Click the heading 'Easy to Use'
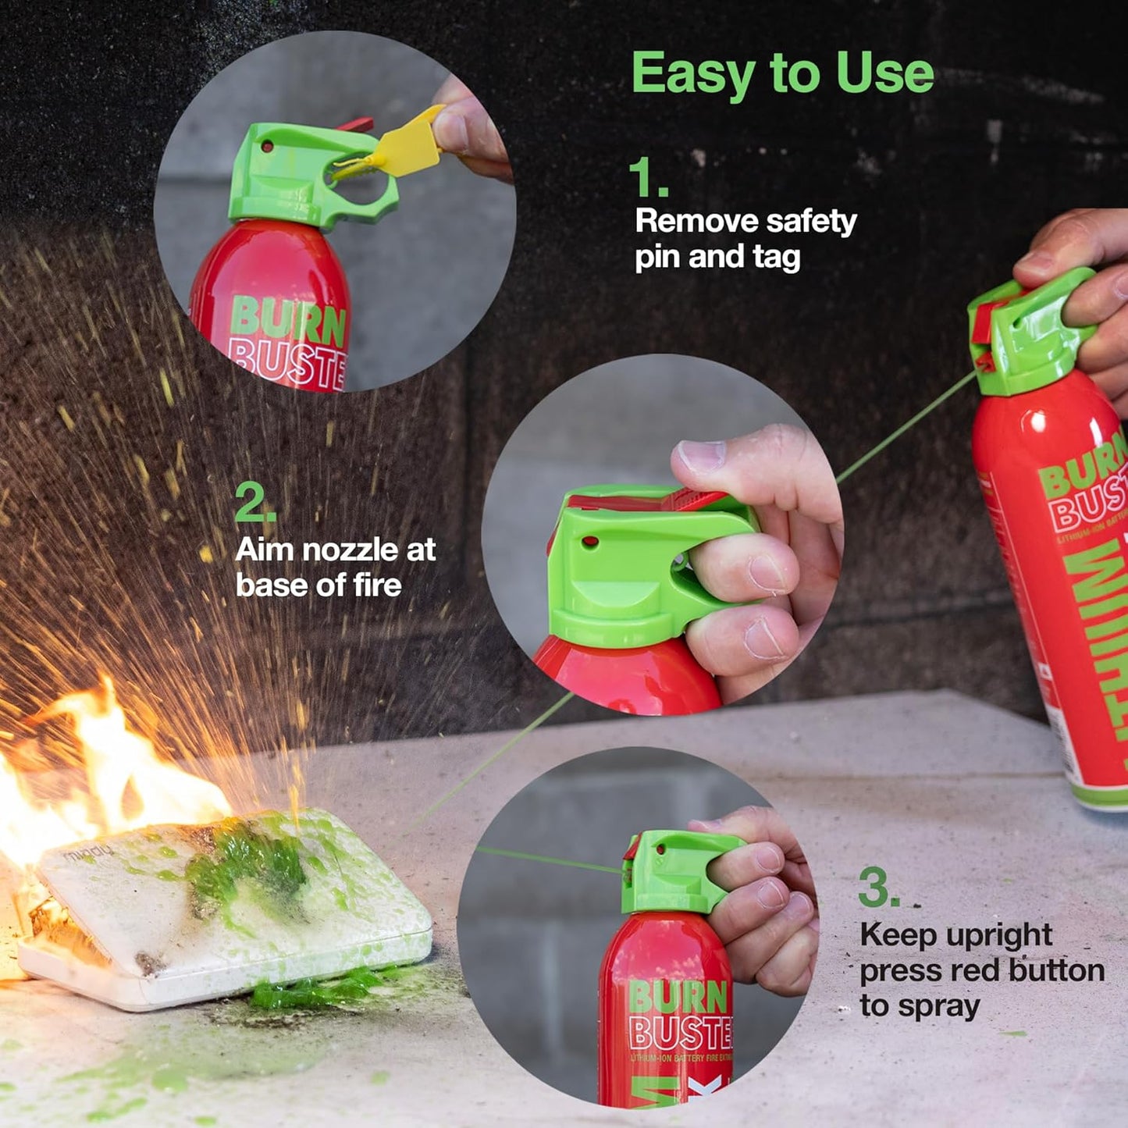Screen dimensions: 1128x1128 (782, 73)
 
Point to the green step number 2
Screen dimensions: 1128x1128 (254, 502)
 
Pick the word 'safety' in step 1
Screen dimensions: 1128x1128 (811, 222)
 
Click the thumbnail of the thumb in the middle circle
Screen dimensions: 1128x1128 (700, 456)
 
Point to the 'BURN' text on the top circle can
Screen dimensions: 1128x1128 (288, 321)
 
